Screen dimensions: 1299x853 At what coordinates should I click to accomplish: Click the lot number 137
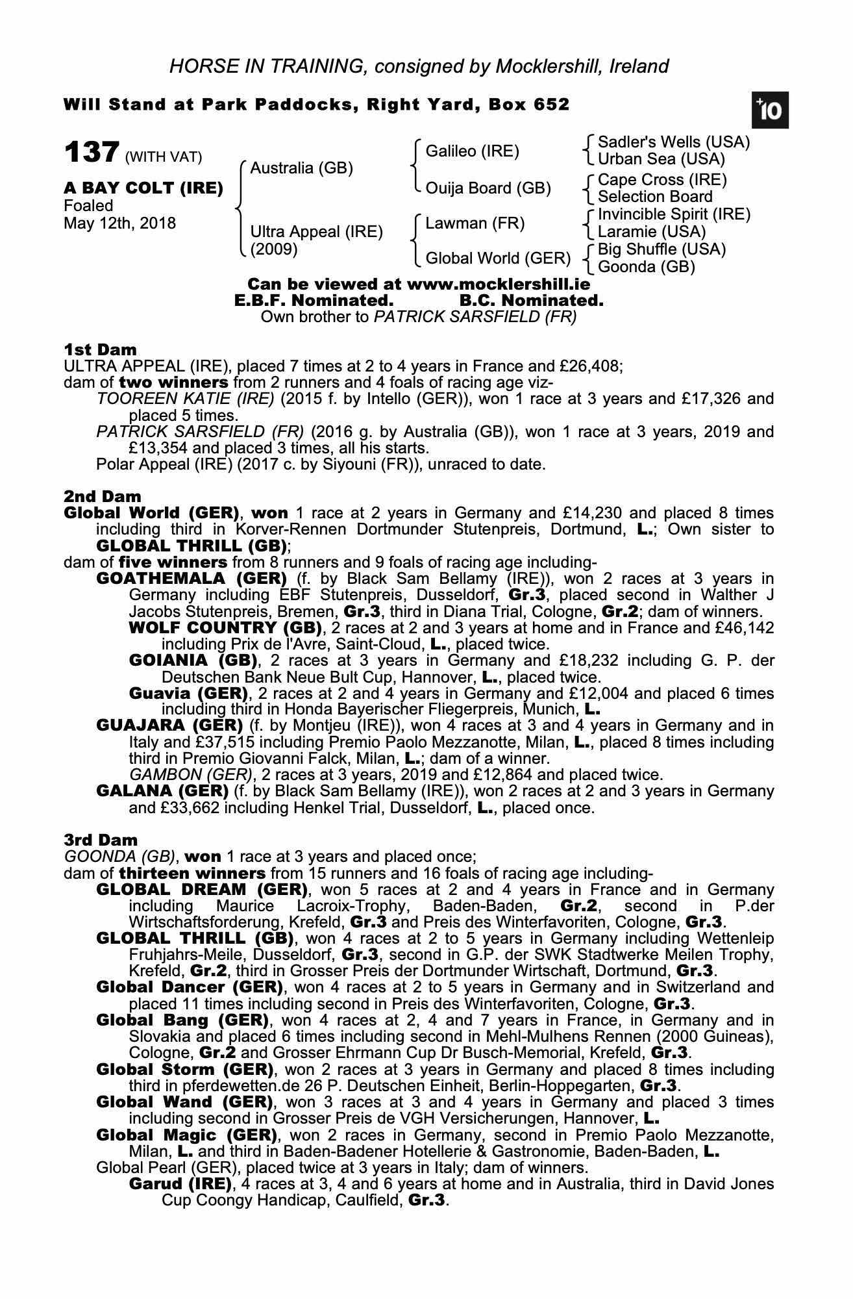pos(91,153)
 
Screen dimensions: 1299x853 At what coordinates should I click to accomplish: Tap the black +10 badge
pos(770,110)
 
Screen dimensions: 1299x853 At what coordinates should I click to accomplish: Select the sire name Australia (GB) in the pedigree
pos(301,168)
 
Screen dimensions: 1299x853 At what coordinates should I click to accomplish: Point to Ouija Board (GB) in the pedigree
pos(488,188)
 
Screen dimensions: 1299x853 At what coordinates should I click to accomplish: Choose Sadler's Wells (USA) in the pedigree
pos(673,142)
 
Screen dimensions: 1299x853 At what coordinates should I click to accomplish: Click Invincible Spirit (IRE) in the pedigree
pos(674,214)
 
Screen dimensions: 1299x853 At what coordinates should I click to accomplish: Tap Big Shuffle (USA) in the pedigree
pos(661,249)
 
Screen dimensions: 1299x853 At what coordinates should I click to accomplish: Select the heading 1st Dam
pos(100,349)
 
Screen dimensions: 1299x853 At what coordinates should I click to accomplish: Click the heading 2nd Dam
pos(102,497)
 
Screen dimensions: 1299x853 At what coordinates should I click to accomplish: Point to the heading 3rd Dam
pos(101,840)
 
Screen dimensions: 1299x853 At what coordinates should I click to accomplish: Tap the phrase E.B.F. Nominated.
pos(314,301)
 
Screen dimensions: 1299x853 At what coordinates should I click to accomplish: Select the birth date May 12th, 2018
pos(119,223)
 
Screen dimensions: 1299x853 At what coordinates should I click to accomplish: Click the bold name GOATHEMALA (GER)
pos(192,578)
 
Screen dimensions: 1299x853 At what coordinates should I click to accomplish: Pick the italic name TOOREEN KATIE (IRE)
pos(185,398)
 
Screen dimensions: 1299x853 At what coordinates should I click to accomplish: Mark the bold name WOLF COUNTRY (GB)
pos(225,627)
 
